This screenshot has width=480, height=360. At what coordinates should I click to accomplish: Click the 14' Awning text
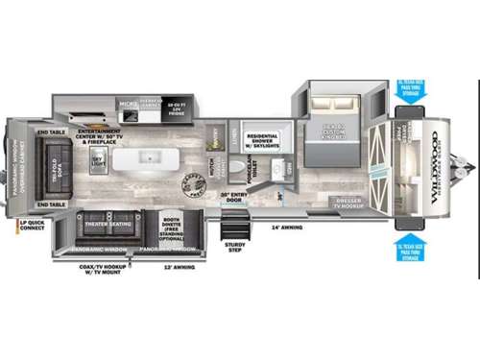pyautogui.click(x=286, y=228)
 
